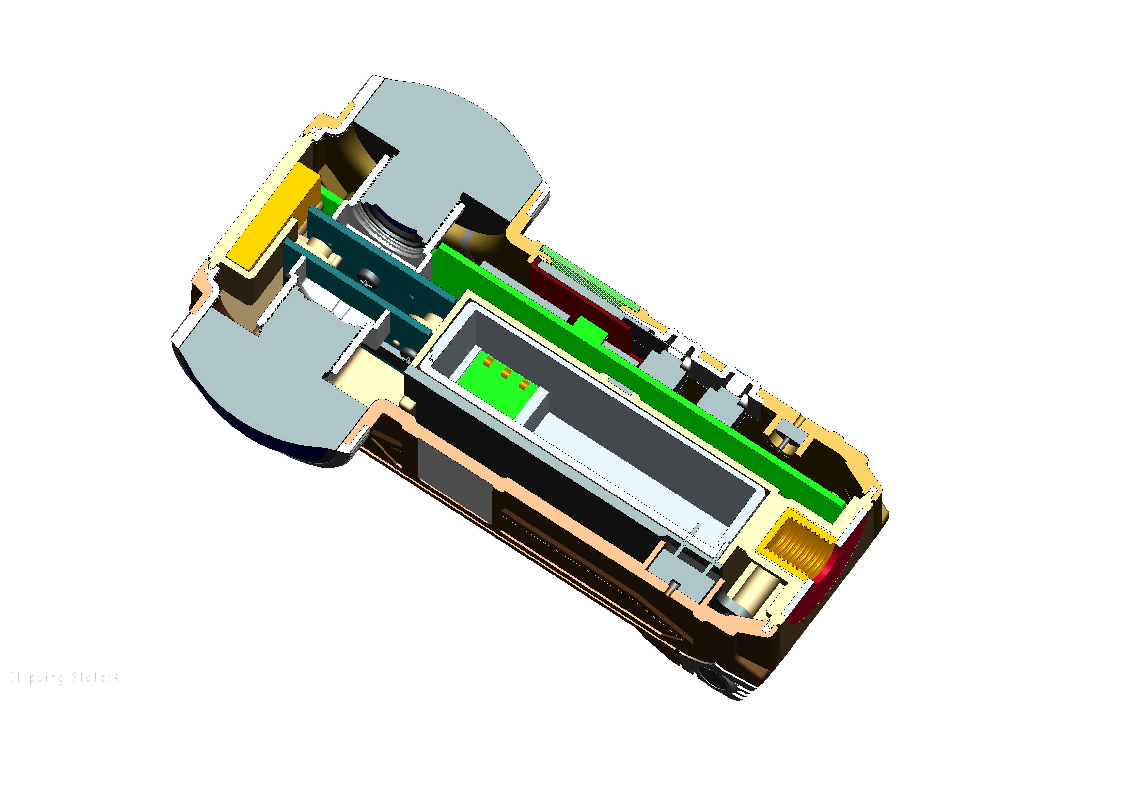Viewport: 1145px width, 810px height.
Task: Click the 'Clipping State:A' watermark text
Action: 64,678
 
